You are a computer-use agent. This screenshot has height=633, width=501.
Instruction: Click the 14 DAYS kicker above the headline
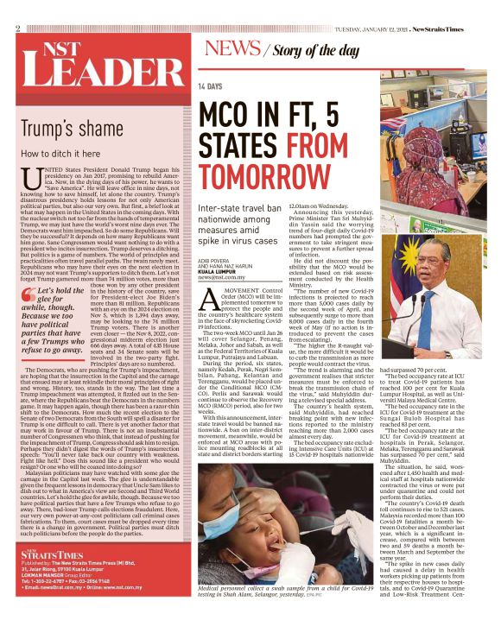click(x=209, y=87)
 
